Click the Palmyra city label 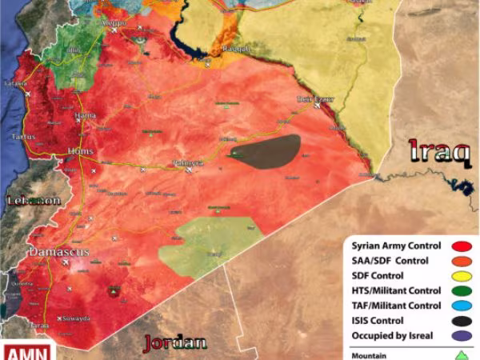(x=188, y=163)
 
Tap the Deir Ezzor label (x=314, y=100)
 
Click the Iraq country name (x=438, y=150)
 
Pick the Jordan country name (x=174, y=344)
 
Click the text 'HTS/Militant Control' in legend (x=395, y=291)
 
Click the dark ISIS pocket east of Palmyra (x=268, y=150)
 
